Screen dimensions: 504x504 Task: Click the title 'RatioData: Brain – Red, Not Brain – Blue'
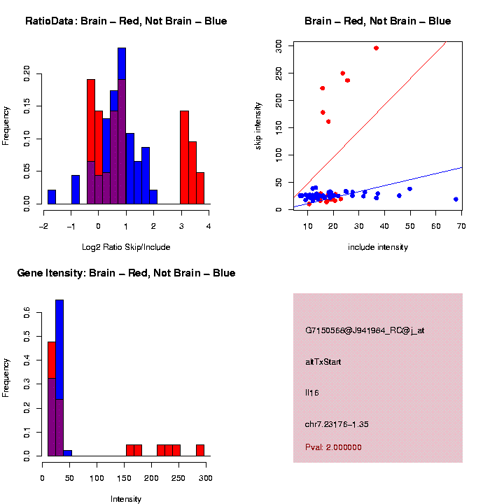pos(126,21)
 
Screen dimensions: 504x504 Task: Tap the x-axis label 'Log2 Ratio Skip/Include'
pos(126,247)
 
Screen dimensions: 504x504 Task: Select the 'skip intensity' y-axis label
pos(258,125)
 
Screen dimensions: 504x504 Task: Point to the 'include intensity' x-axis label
pos(378,247)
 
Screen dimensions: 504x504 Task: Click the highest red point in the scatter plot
pos(376,48)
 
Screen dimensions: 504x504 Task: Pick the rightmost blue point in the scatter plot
pos(456,199)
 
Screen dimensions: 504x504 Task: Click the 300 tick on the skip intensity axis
pos(278,44)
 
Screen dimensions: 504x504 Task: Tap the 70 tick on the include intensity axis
pos(462,225)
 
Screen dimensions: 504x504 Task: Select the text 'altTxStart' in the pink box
pos(323,362)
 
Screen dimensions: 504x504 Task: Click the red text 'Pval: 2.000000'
pos(333,447)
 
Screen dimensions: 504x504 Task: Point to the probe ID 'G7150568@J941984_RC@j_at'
pos(365,330)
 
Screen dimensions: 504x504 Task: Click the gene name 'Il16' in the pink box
pos(312,393)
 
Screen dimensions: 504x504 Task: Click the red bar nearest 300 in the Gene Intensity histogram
pos(200,450)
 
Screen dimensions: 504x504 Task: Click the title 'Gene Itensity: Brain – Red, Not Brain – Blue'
pos(126,273)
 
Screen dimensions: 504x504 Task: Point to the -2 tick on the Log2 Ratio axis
pos(43,226)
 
